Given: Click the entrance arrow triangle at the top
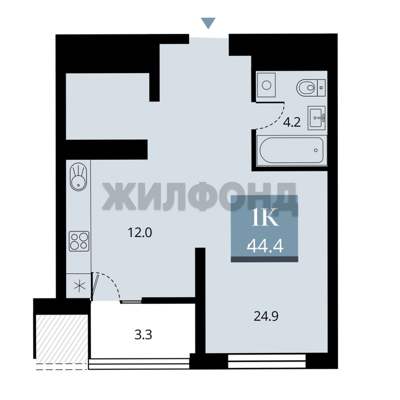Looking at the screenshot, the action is [208, 23].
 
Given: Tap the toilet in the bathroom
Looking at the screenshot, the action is [311, 88].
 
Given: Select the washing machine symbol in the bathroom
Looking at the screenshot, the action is [266, 85].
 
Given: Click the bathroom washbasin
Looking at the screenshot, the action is [316, 118].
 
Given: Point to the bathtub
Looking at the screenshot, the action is [292, 150].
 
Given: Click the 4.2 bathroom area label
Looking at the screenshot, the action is [292, 123].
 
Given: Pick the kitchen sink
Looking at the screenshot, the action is [79, 177].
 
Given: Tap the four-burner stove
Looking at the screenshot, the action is [79, 241].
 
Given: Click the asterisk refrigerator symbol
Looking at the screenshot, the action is [80, 286].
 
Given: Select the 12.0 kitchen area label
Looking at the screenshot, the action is [140, 232].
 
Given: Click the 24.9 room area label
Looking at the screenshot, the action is [266, 316].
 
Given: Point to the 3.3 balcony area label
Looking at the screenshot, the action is [143, 335].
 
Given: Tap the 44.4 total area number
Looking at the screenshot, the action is [265, 246].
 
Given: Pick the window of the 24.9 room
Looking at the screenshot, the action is [267, 361].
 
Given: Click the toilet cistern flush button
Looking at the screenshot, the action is [321, 88].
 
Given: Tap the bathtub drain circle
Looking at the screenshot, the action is [316, 150].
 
